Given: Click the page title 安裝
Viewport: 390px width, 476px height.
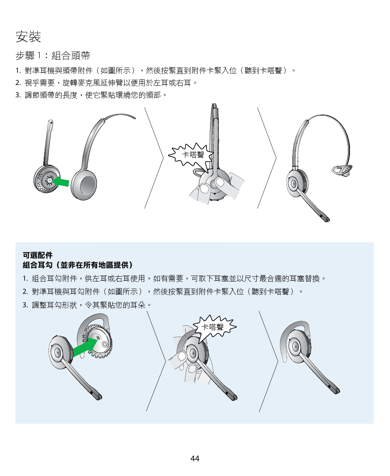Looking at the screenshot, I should point(28,37).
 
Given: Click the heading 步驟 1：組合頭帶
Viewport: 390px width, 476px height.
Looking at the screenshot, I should point(53,55).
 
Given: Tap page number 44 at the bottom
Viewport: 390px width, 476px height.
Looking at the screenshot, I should point(195,458).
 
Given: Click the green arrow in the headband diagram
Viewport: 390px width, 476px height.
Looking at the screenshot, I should point(62,181).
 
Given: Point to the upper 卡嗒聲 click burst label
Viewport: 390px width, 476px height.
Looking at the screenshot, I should point(193,155).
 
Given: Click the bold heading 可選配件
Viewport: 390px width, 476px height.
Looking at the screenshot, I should point(38,255).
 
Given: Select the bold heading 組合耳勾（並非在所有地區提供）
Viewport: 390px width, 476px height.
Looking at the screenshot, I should point(78,265).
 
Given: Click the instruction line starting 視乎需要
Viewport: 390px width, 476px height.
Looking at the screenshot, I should point(106,83).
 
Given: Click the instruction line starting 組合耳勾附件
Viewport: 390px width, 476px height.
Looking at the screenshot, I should point(174,279).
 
